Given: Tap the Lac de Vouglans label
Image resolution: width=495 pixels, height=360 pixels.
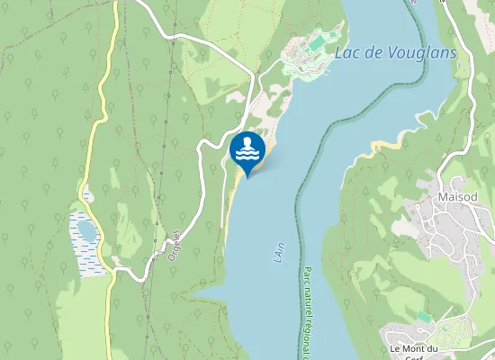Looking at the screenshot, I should coord(395,53).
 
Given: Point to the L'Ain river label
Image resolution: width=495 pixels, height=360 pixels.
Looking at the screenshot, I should coord(279,250).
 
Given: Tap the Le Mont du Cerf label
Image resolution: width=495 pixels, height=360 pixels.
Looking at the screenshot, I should coord(413,352).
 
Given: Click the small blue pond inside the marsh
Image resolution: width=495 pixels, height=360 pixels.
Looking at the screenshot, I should coord(86,231).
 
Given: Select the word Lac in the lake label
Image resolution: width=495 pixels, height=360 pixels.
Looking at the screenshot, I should coord(345,53).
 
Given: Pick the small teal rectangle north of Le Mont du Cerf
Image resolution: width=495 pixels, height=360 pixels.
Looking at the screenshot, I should coord(424,317).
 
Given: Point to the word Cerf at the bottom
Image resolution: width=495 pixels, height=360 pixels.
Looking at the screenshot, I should coord(413,357).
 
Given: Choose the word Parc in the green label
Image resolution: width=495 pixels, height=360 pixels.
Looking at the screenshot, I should coord(307,275).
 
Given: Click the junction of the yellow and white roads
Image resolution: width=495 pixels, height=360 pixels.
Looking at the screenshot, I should coord(112,270).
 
